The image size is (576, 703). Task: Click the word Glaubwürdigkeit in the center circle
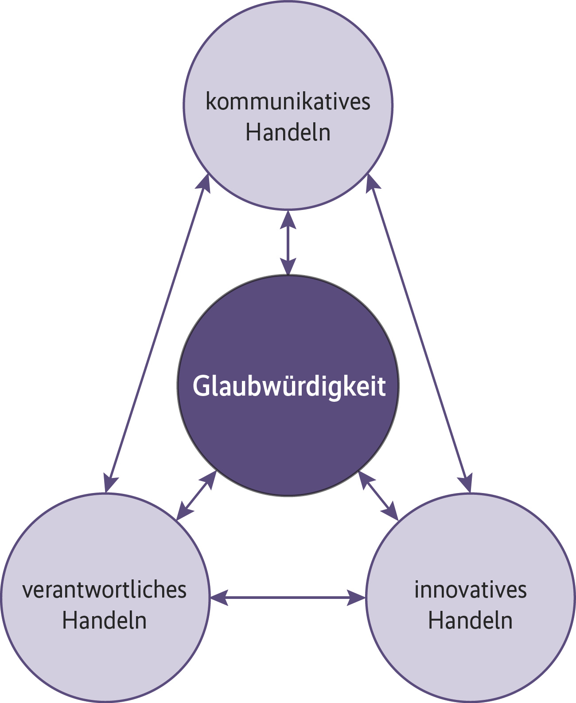tap(289, 386)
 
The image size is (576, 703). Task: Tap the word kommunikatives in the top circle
tap(288, 102)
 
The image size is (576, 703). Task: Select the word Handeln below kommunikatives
tap(288, 132)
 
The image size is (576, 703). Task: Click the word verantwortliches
tap(105, 590)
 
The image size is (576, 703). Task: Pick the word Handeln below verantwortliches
tap(105, 621)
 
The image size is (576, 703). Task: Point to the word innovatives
tap(471, 590)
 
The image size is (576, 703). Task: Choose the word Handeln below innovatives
tap(471, 621)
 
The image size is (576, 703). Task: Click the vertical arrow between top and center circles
tap(288, 243)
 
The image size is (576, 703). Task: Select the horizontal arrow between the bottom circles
tap(288, 598)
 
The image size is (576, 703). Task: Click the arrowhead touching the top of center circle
tap(288, 267)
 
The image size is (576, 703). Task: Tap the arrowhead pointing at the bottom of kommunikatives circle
tap(288, 219)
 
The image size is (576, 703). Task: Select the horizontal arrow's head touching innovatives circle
tap(357, 598)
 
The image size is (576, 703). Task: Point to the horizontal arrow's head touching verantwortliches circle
tap(219, 598)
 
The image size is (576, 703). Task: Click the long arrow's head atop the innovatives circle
tap(467, 483)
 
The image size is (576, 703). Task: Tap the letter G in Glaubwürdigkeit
tap(200, 386)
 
